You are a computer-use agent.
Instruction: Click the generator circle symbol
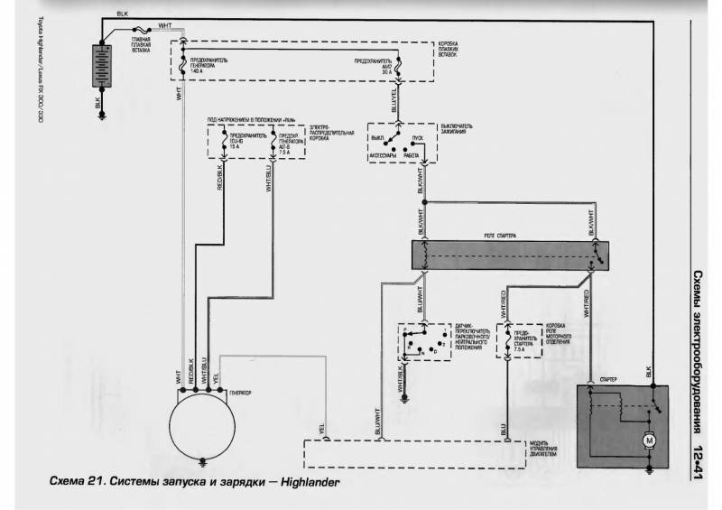[x=204, y=431]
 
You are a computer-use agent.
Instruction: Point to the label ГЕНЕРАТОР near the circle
[x=241, y=394]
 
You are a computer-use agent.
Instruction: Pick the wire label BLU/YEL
[x=393, y=98]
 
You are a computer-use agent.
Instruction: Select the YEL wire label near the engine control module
[x=322, y=425]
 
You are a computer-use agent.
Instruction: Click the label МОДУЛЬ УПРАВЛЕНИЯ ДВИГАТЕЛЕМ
[x=544, y=451]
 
